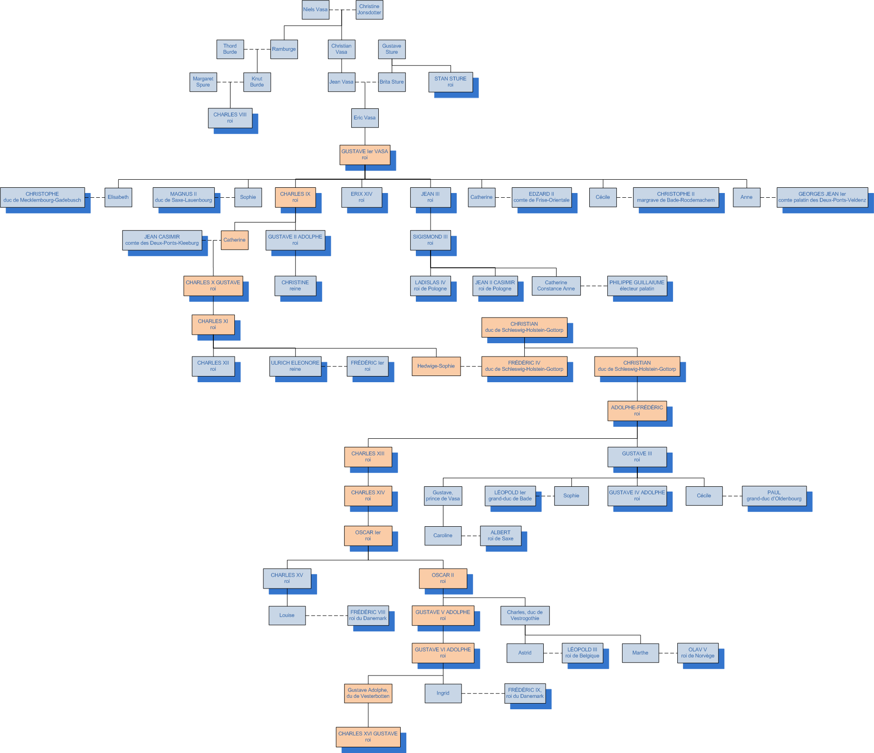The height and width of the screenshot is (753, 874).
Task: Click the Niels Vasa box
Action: pos(316,10)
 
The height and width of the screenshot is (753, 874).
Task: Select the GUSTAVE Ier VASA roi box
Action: pos(365,154)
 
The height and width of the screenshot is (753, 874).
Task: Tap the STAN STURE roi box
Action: pos(451,82)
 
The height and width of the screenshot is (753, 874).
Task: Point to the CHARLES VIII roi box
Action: pos(230,118)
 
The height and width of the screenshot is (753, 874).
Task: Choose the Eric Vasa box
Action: pos(365,118)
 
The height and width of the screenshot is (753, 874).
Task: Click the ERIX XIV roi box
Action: pos(362,197)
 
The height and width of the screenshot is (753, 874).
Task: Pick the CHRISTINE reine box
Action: pos(295,286)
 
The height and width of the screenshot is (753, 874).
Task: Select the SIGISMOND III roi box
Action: pos(430,240)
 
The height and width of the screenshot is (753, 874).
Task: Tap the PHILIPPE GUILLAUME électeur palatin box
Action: pos(637,286)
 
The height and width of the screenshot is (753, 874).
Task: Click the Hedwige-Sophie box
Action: pos(436,366)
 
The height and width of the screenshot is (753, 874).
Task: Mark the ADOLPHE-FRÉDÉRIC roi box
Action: pos(637,411)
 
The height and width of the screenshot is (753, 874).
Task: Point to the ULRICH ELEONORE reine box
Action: pos(295,366)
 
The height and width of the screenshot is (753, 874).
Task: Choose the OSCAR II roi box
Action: pos(443,578)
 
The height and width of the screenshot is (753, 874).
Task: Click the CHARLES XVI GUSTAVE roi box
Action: pos(368,737)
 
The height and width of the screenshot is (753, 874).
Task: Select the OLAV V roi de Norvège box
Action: pos(698,653)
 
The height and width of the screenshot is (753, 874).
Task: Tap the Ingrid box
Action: pos(443,693)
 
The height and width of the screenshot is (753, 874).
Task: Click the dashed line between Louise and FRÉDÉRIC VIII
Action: pos(327,616)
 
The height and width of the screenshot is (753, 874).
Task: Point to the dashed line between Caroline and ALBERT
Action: pos(471,536)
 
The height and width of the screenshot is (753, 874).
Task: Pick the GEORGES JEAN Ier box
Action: pos(822,197)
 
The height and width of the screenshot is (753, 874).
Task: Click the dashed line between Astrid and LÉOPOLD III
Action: pos(552,653)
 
